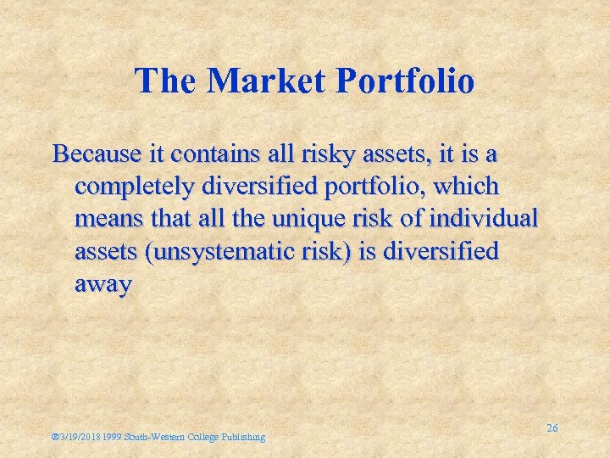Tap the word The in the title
click(x=167, y=81)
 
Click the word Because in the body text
click(x=91, y=154)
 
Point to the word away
click(x=103, y=286)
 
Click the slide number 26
click(x=552, y=428)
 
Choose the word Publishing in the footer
click(x=244, y=437)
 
